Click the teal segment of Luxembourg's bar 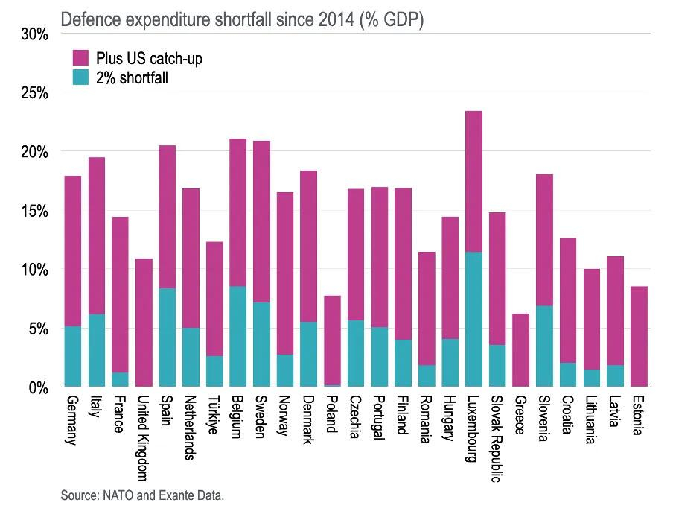click(x=473, y=319)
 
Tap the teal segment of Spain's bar click(x=167, y=337)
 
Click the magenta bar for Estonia click(x=639, y=336)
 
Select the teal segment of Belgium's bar click(x=237, y=336)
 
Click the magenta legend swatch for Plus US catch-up click(x=80, y=57)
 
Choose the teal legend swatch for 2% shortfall click(x=80, y=76)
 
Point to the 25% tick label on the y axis click(x=34, y=93)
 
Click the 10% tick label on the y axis click(x=34, y=270)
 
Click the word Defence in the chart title click(x=88, y=20)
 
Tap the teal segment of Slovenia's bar click(x=544, y=346)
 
